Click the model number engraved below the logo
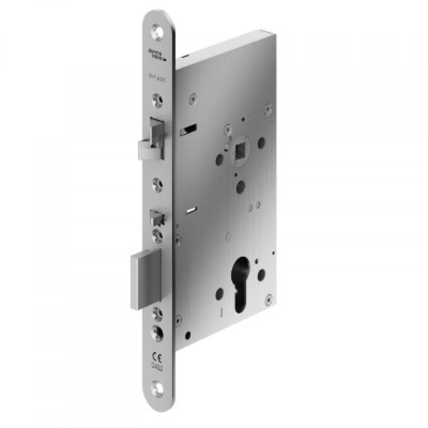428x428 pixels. point(158,78)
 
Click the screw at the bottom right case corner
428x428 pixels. point(268,299)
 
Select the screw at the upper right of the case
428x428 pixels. point(267,110)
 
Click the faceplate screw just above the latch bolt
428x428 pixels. point(158,100)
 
